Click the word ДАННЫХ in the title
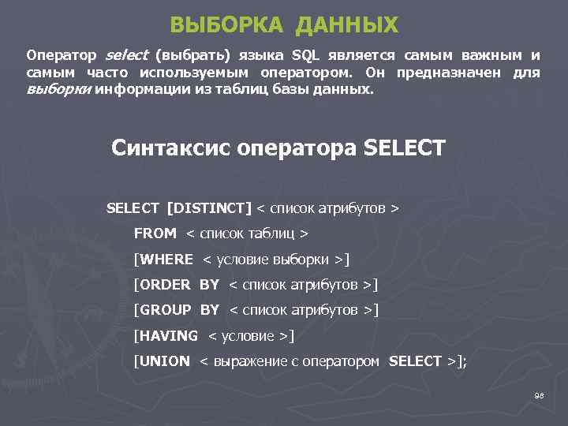tap(347, 25)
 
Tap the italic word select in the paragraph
tap(125, 56)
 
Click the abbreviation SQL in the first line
tap(306, 56)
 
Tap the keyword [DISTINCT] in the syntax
tap(209, 208)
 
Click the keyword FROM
tap(155, 234)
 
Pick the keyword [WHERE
tap(163, 259)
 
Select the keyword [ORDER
tap(163, 284)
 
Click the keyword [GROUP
tap(163, 310)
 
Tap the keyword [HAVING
tap(166, 335)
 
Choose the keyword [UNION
tap(162, 361)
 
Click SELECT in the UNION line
tap(416, 361)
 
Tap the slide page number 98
tap(540, 395)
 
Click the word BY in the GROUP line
tap(209, 310)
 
